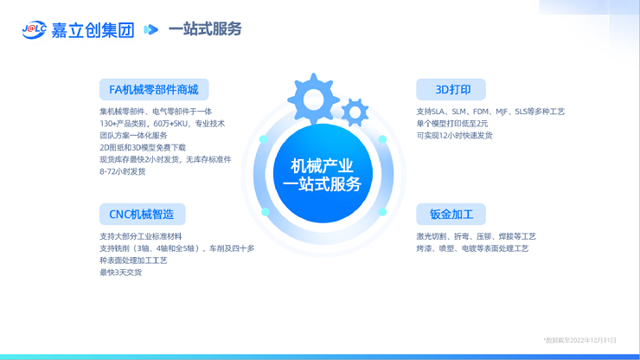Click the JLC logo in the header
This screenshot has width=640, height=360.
coord(35,29)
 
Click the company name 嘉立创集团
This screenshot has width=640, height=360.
coord(93,30)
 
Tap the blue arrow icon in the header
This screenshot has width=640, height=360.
coord(150,29)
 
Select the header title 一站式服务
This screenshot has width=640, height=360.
coord(205,29)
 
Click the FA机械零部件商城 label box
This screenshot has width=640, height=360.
coord(154,89)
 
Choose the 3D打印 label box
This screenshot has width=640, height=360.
coord(451,89)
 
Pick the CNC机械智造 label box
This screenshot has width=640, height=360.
coord(142,214)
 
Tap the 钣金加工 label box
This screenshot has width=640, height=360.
coord(451,214)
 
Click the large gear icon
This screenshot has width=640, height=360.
coord(313,100)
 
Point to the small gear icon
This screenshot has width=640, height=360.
coord(355,112)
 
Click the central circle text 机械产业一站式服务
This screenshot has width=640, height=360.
coord(322,176)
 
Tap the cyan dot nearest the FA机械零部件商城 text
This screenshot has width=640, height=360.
coord(263,139)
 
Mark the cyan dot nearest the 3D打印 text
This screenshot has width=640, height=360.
coord(382,139)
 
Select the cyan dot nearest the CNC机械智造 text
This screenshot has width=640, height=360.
coord(266,212)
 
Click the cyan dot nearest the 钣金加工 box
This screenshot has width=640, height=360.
coord(382,212)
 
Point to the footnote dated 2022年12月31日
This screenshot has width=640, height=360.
coord(579,340)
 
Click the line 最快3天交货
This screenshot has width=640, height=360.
coord(120,272)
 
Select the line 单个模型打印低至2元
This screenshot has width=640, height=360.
coord(451,124)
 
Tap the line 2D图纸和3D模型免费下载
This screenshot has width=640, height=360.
coord(143,147)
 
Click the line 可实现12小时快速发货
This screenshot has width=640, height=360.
coord(454,135)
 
